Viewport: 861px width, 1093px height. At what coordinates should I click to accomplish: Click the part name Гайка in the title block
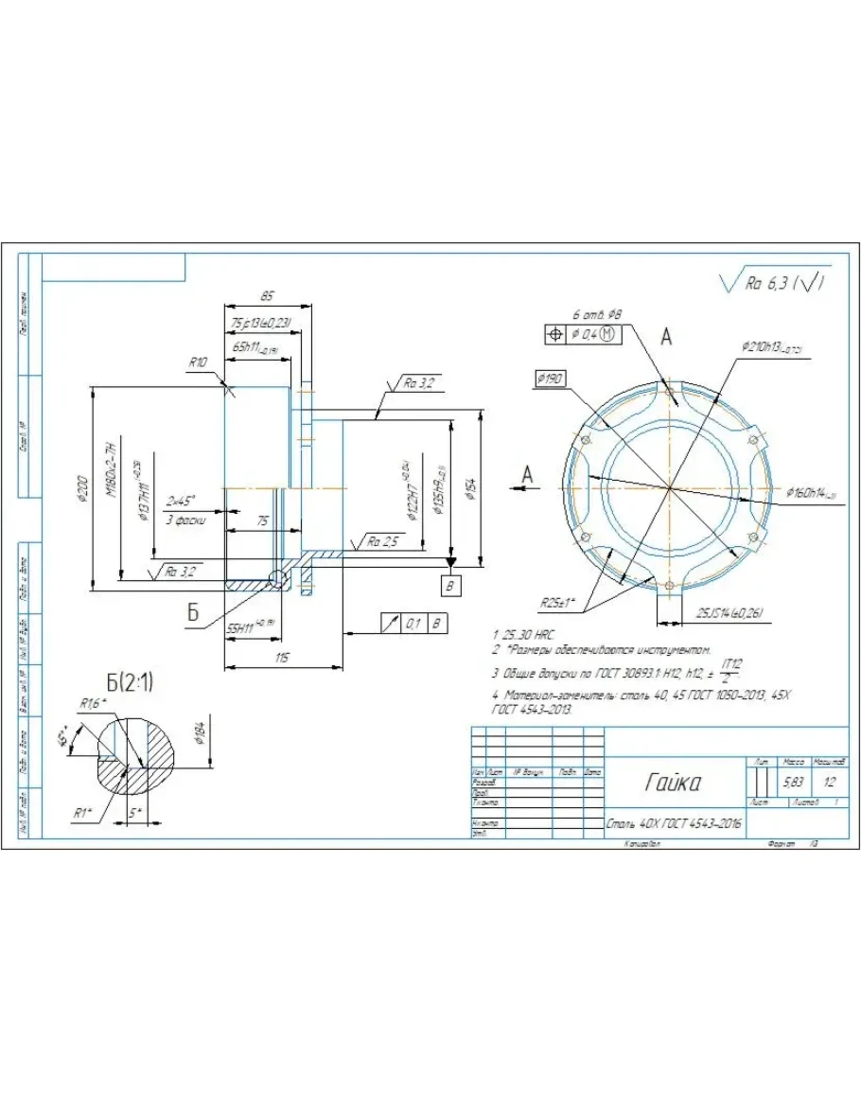point(674,784)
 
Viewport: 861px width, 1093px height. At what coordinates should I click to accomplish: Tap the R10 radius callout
point(198,362)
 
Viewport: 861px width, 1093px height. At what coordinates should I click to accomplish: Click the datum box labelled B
point(451,586)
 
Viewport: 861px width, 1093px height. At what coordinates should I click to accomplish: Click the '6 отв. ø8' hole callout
point(597,313)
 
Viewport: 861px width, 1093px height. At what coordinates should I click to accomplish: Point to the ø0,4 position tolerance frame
point(581,334)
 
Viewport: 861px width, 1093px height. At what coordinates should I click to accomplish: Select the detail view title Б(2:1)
point(131,681)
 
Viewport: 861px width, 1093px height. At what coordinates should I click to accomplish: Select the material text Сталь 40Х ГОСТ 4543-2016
point(674,824)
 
